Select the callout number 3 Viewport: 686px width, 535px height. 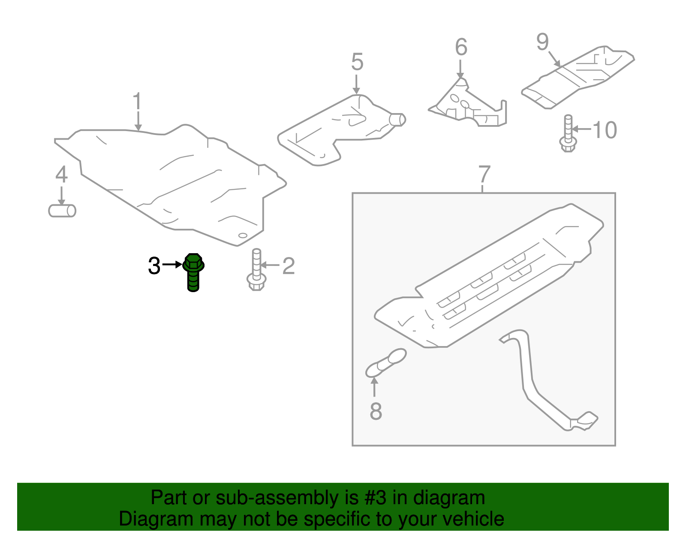pyautogui.click(x=154, y=266)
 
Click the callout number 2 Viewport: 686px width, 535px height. pyautogui.click(x=289, y=266)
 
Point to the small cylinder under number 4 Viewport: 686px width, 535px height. pyautogui.click(x=62, y=211)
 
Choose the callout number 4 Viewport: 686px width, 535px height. pyautogui.click(x=62, y=175)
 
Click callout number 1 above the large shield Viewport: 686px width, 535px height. pyautogui.click(x=137, y=102)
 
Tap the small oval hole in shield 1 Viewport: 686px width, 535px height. pyautogui.click(x=243, y=235)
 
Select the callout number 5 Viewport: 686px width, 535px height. pyautogui.click(x=357, y=62)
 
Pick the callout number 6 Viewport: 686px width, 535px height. pyautogui.click(x=461, y=47)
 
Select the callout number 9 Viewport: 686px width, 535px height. pyautogui.click(x=542, y=42)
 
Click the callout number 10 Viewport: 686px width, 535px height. pyautogui.click(x=605, y=130)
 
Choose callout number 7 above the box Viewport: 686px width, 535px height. pyautogui.click(x=484, y=174)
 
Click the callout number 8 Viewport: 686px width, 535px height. pyautogui.click(x=376, y=412)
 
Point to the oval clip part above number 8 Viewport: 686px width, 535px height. pyautogui.click(x=386, y=362)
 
